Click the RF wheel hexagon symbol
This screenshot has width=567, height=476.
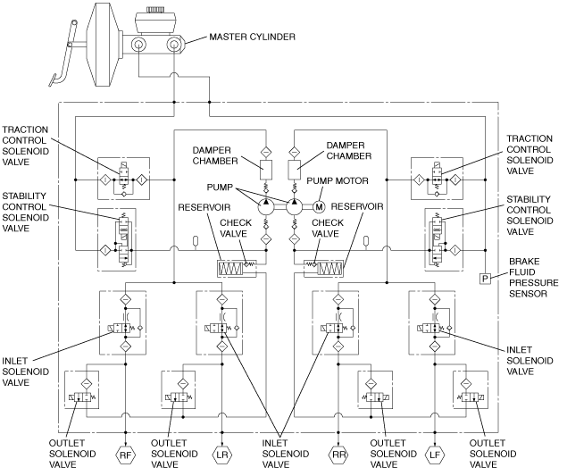coord(125,455)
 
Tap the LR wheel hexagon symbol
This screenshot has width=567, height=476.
coord(221,455)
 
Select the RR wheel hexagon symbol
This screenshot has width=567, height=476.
coord(338,455)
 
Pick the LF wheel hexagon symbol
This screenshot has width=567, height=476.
coord(434,455)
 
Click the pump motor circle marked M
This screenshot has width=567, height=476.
coord(319,207)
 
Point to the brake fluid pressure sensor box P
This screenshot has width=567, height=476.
coord(485,279)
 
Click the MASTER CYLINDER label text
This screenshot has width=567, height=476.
coord(253,37)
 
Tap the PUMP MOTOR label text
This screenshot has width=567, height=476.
coord(338,180)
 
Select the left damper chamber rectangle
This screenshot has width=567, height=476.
coord(266,170)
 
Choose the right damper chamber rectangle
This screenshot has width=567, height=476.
coord(295,170)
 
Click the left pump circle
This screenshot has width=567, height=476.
coord(266,207)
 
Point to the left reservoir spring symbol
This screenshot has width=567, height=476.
coord(230,269)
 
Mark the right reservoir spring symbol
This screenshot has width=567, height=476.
coord(329,269)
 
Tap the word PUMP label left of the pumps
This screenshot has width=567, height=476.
coord(220,188)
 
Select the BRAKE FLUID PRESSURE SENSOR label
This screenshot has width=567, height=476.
coord(534,278)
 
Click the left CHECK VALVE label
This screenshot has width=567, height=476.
coord(236,228)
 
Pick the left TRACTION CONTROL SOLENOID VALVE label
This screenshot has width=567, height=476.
coord(25,146)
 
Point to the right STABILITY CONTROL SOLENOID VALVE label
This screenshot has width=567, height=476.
coord(529,215)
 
